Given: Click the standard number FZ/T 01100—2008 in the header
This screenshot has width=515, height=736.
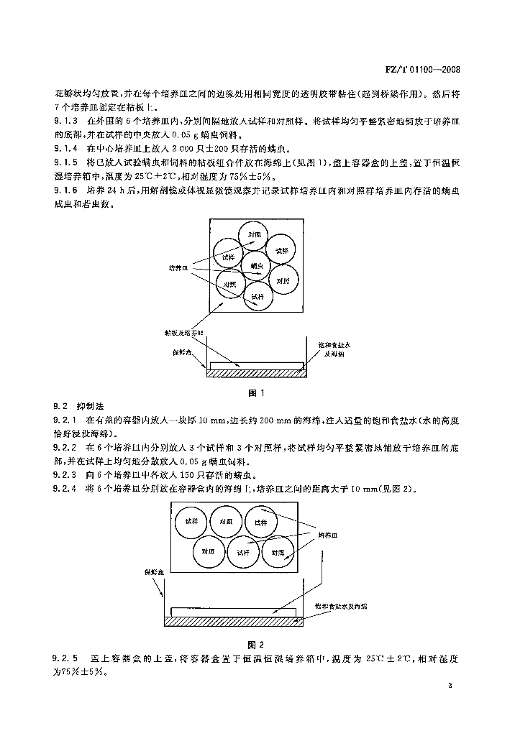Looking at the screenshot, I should [x=419, y=70].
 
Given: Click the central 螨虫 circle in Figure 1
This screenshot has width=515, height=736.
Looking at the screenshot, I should [x=257, y=266].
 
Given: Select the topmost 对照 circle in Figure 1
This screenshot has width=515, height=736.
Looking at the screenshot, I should [x=254, y=236].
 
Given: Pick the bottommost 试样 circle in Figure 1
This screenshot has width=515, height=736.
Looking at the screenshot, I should [x=257, y=295].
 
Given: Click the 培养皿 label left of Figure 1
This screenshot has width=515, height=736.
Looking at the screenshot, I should [x=178, y=268].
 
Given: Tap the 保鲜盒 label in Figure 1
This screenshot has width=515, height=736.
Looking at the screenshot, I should [x=181, y=353].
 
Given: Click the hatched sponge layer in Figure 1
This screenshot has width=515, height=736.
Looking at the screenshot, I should [x=257, y=374].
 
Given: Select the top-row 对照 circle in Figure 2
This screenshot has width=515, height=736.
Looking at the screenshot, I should [x=226, y=521].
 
